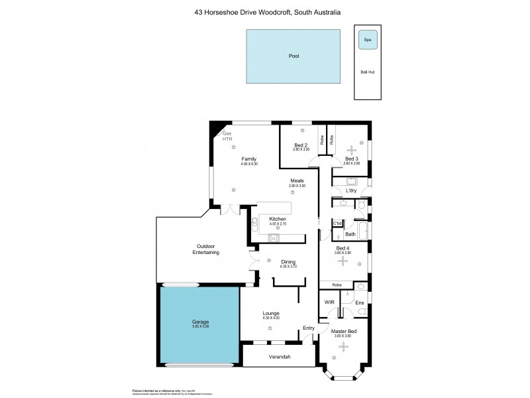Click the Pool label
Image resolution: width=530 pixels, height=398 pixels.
[x=293, y=56]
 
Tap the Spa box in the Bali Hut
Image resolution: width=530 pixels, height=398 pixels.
[x=368, y=40]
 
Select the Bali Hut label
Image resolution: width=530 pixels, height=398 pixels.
[x=367, y=72]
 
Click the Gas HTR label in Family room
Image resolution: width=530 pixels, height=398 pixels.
[x=227, y=137]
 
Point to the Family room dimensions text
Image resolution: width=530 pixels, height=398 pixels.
[x=248, y=165]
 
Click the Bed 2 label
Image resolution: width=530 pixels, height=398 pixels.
[x=301, y=145]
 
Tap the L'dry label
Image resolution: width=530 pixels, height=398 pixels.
[x=351, y=191]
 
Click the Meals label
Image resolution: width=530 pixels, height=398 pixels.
[x=297, y=180]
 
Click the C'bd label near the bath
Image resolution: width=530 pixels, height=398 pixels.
[x=337, y=223]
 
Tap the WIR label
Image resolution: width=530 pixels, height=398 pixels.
[x=329, y=302]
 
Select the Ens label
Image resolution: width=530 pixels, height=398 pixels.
[x=359, y=303]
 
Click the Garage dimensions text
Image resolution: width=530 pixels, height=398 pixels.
[x=200, y=326]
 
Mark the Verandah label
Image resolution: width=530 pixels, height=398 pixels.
[x=280, y=357]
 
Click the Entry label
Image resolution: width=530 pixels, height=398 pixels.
[x=309, y=328]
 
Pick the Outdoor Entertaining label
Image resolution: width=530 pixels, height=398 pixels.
[x=206, y=249]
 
